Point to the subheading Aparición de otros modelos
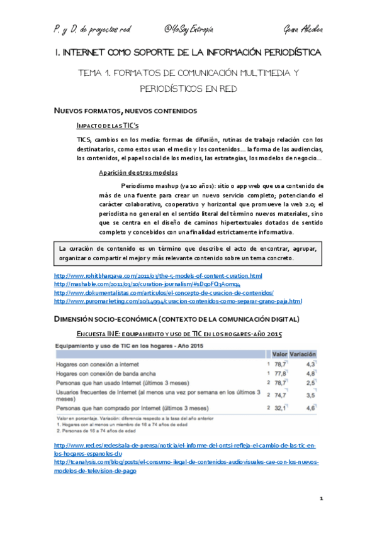click(x=138, y=172)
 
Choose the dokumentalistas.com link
click(x=164, y=292)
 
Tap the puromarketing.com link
click(x=178, y=300)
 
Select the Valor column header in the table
click(x=280, y=354)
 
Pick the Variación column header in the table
click(x=303, y=354)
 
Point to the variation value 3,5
click(x=310, y=396)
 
